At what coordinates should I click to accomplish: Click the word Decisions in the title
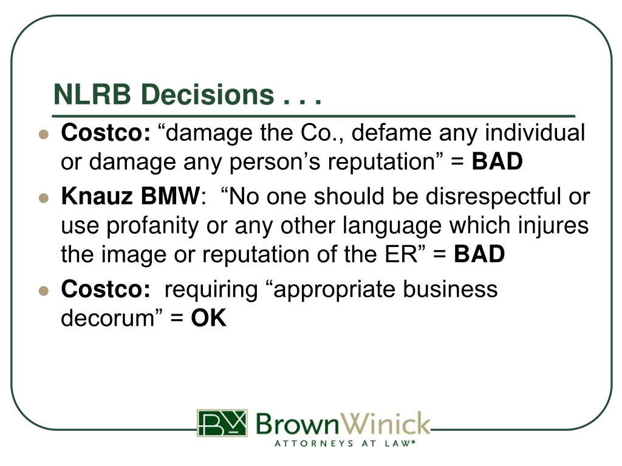pyautogui.click(x=202, y=95)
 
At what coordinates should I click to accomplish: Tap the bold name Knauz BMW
pyautogui.click(x=130, y=197)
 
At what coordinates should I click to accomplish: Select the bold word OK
pyautogui.click(x=209, y=319)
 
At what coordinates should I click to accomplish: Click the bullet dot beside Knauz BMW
pyautogui.click(x=43, y=198)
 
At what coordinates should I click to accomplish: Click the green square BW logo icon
pyautogui.click(x=222, y=423)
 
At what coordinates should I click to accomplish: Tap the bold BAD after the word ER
pyautogui.click(x=479, y=255)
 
